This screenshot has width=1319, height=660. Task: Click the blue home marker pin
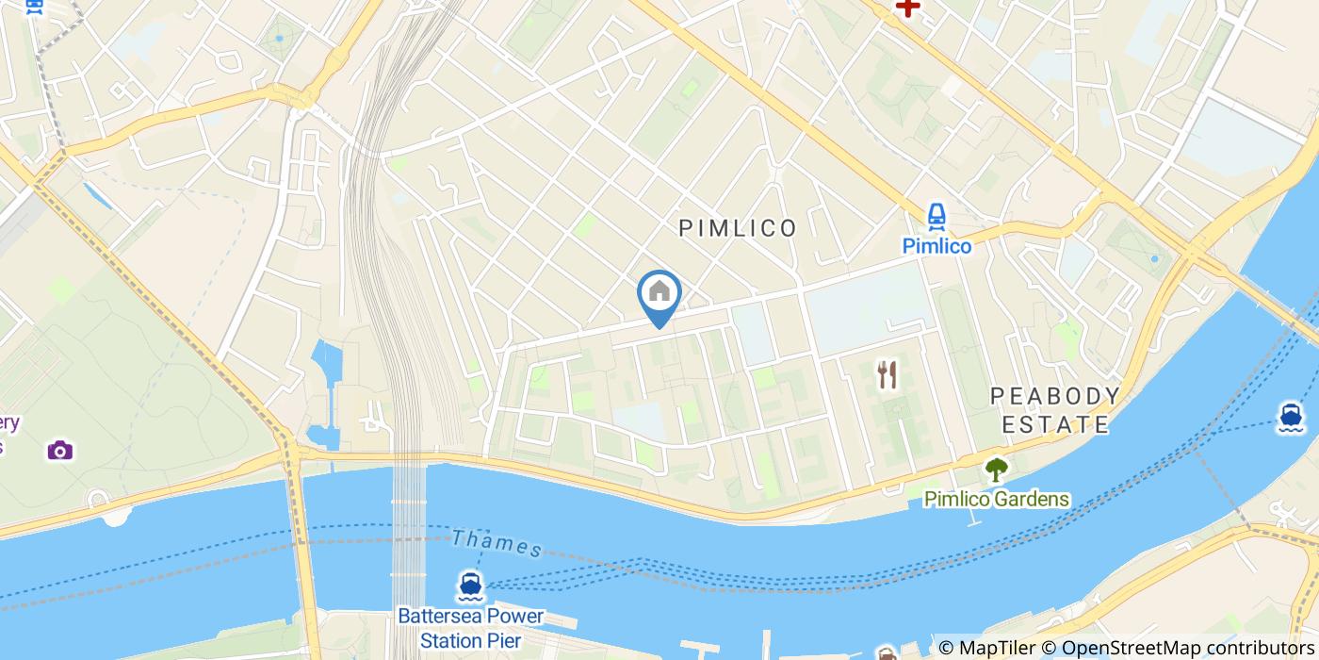pos(659,295)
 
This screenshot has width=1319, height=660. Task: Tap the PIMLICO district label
pos(738,228)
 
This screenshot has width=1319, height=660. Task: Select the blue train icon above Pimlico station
pos(936,217)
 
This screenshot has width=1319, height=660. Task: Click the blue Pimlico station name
pos(936,246)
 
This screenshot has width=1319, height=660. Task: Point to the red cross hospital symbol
pos(907,8)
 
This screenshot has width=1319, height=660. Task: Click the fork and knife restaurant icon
pos(887,375)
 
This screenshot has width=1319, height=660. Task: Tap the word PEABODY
pos(1055,396)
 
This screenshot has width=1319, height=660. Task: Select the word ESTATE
pos(1055,425)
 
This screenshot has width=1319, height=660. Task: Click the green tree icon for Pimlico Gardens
pos(996,469)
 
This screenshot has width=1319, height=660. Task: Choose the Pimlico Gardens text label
pos(997,500)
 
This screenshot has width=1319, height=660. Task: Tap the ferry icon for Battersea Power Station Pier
pos(470,586)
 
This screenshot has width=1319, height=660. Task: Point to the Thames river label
pos(497,543)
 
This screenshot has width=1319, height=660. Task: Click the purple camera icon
pos(59,450)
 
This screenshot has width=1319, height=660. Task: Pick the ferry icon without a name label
pos(1290,416)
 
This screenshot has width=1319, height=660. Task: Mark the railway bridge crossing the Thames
pos(409,528)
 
